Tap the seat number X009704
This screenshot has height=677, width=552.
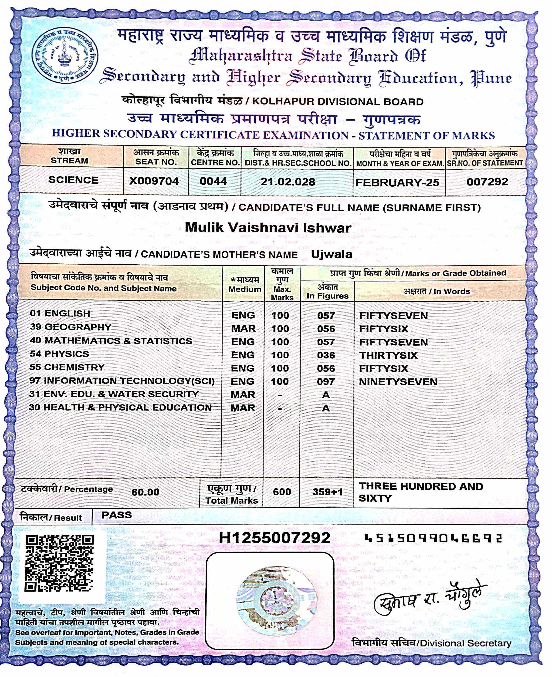click(154, 181)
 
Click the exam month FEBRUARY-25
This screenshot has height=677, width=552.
click(397, 182)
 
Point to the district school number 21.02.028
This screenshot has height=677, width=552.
click(288, 182)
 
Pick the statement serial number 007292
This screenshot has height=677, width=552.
click(487, 182)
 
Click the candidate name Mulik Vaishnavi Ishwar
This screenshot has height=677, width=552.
click(268, 228)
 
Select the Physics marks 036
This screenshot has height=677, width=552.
click(326, 355)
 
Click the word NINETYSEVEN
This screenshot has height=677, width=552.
click(398, 382)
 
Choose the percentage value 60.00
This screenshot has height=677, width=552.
click(145, 492)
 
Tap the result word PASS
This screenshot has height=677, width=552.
click(117, 515)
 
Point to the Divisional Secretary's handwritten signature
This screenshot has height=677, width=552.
click(429, 598)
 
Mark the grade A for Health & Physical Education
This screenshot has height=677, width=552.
click(326, 408)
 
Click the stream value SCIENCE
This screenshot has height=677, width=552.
click(73, 180)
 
